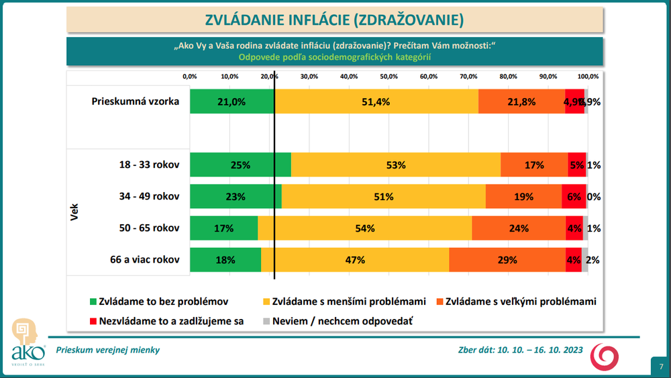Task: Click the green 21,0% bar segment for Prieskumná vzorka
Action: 231,101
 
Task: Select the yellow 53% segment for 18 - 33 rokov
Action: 396,165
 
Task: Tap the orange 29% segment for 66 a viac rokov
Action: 507,260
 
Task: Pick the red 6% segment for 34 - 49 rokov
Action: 574,197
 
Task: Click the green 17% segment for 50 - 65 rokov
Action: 223,228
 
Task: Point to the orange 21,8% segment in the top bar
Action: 521,101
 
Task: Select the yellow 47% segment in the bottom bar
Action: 355,260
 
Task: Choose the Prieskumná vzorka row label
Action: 136,101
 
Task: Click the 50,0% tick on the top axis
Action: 389,77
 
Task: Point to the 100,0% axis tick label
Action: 588,77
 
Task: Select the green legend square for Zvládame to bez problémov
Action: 93,302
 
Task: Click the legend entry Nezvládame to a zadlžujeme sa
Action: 166,321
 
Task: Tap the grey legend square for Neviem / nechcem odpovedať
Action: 266,321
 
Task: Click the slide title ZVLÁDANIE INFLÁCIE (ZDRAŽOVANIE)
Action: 334,20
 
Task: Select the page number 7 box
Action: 661,367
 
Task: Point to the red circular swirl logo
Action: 603,356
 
